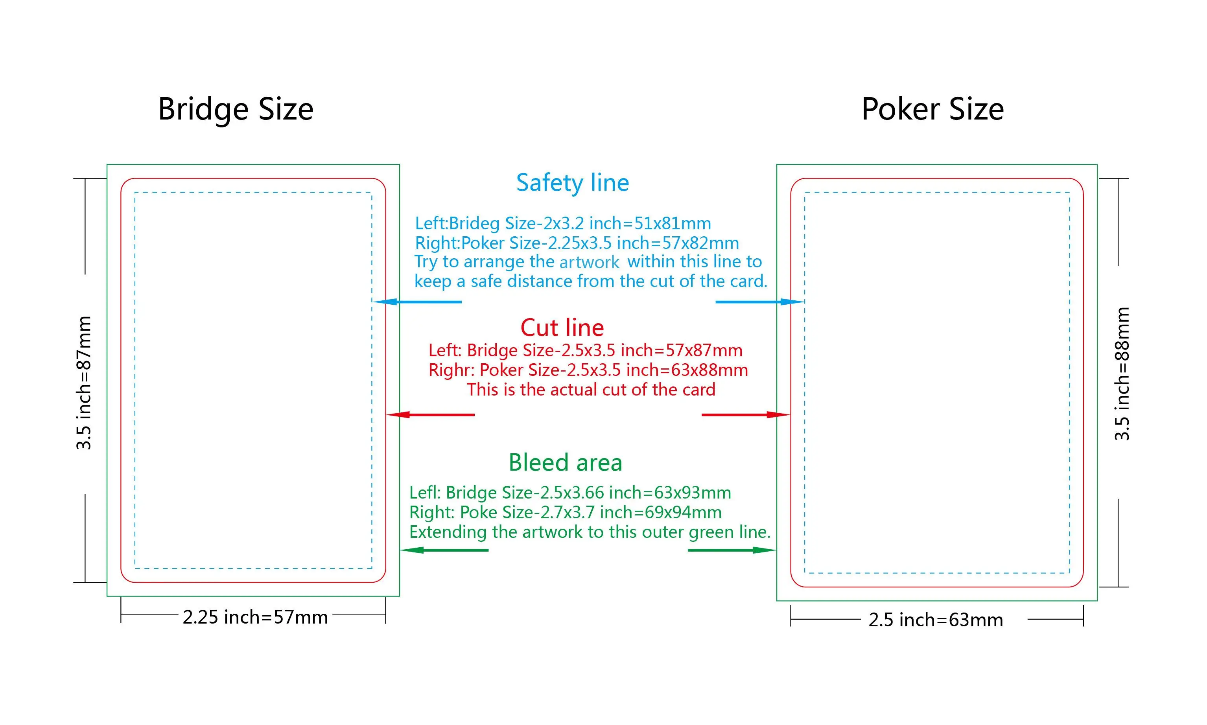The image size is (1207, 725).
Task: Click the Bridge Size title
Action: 236,109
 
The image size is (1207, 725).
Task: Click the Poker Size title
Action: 932,109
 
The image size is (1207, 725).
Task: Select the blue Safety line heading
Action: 572,183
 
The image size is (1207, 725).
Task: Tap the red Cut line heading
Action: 562,328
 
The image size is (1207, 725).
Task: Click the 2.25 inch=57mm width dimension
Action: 255,617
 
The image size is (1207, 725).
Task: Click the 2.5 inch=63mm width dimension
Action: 935,620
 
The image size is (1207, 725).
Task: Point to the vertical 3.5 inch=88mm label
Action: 1122,374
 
